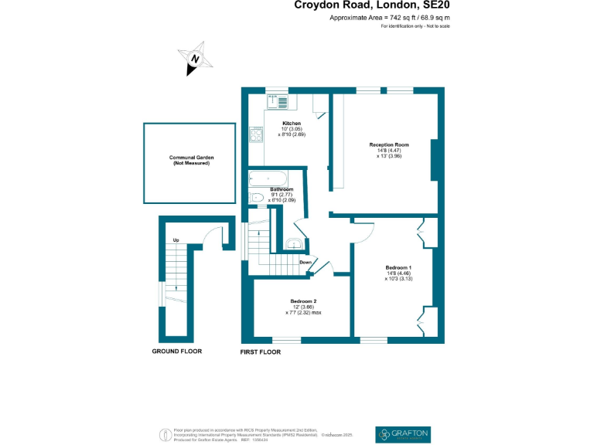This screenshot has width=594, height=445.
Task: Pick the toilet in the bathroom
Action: click(x=258, y=198)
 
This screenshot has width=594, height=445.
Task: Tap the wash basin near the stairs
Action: click(x=293, y=244)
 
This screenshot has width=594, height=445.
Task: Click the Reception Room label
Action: click(x=389, y=145)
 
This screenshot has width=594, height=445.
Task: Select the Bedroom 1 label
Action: click(x=399, y=268)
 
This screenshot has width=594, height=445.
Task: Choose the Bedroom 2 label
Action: click(x=303, y=301)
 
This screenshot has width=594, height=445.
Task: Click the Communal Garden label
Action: click(x=192, y=158)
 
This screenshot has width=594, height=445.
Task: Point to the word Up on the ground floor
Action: click(x=176, y=240)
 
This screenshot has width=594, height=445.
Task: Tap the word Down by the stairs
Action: click(x=306, y=262)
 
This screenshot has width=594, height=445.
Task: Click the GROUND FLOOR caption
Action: click(x=176, y=351)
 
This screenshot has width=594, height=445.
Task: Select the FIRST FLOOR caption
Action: click(x=261, y=352)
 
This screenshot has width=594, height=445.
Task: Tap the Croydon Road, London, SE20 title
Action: click(x=372, y=5)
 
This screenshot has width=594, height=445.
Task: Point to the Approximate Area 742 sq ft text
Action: click(x=390, y=17)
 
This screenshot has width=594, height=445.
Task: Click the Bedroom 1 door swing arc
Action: click(x=360, y=232)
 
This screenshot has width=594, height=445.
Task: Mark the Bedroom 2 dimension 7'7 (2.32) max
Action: click(x=303, y=313)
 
